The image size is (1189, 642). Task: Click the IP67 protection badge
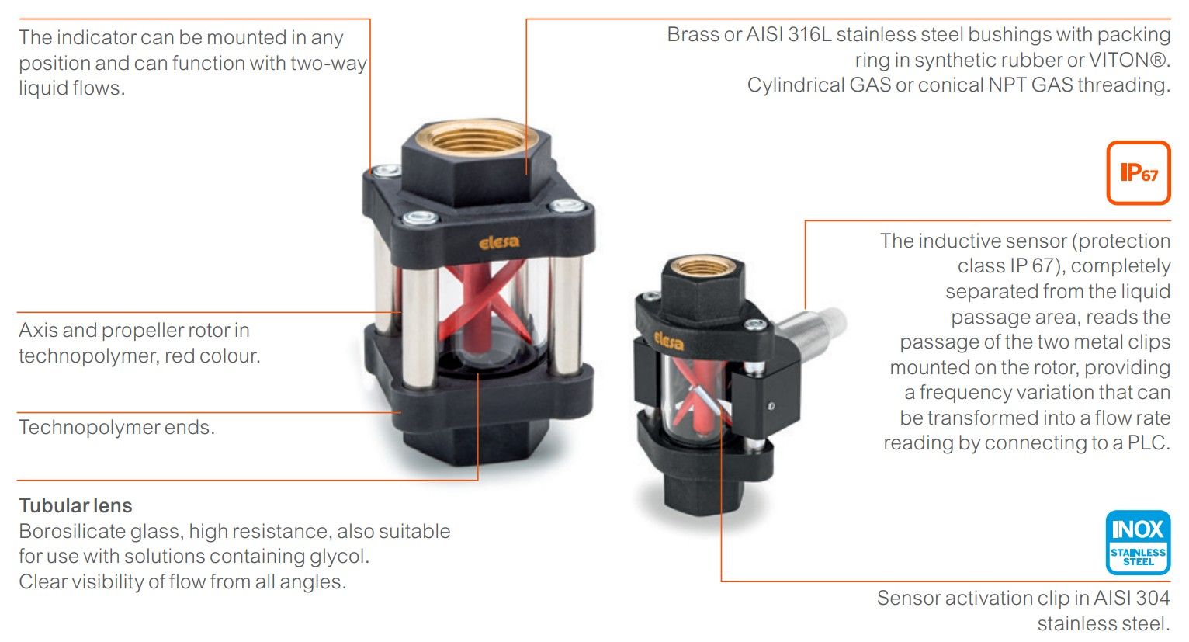click(x=1138, y=172)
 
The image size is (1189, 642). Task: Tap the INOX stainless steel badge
click(x=1138, y=542)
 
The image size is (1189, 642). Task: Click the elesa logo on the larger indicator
click(x=499, y=242)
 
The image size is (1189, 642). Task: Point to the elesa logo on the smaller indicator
click(x=669, y=340)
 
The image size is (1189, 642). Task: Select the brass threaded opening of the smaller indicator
click(x=703, y=265)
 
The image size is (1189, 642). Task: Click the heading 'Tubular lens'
click(x=75, y=505)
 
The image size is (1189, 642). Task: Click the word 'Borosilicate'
click(x=72, y=531)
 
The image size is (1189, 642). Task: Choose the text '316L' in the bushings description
click(x=808, y=34)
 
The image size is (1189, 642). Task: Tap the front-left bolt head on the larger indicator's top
click(x=421, y=217)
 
